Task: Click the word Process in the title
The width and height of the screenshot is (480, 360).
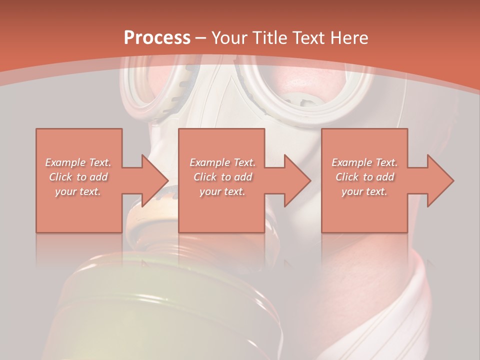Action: point(157,38)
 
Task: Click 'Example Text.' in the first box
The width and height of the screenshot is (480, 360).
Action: point(78,162)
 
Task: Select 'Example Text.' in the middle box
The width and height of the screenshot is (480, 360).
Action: point(222,162)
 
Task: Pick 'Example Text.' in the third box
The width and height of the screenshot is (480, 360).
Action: point(364,162)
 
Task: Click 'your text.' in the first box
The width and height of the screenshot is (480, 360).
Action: point(78,191)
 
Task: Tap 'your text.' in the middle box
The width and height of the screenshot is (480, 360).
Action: point(222,191)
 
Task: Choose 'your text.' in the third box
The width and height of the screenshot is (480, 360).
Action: point(364,191)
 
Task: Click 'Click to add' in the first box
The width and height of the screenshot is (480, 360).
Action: point(78,177)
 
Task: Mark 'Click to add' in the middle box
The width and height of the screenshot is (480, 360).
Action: point(222,177)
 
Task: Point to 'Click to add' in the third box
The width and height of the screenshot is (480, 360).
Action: point(364,177)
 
